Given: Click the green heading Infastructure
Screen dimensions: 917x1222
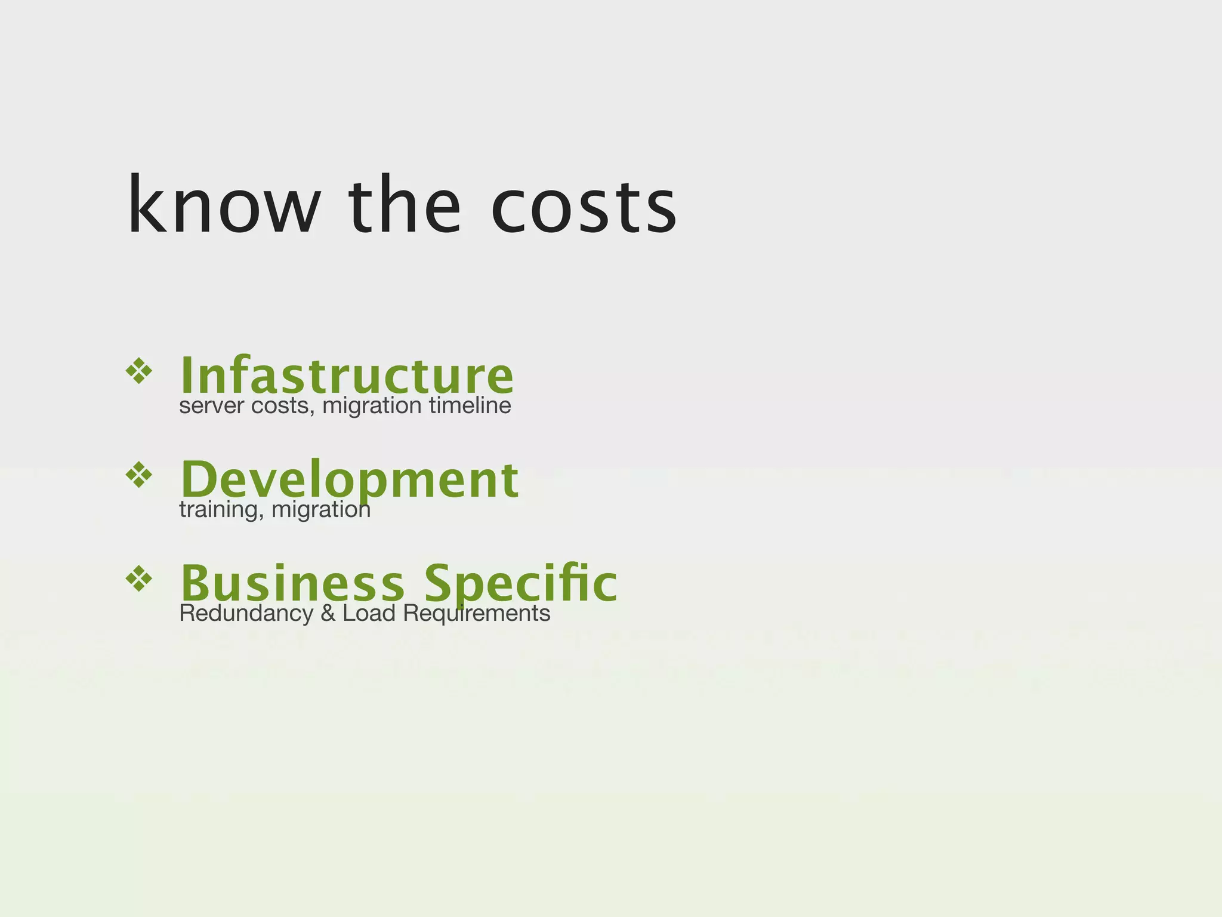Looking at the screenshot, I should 347,374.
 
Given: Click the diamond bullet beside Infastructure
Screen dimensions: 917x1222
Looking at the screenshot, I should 139,371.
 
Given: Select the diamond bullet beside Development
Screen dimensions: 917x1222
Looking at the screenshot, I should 139,475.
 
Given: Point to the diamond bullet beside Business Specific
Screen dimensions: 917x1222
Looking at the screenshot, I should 139,578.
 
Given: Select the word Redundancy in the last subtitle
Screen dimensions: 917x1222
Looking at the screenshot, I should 246,613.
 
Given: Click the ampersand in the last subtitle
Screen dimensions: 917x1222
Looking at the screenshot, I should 328,613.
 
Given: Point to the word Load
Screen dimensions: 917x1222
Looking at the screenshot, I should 369,613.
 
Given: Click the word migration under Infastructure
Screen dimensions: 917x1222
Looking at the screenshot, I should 372,407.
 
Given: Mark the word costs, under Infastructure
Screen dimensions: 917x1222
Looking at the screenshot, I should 282,407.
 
